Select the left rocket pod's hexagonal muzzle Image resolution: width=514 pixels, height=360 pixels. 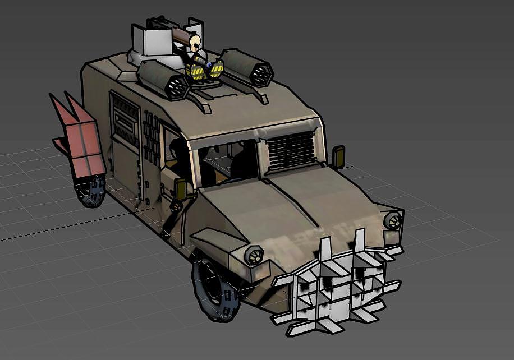coord(178,87)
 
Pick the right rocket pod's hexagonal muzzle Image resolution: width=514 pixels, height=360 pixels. coord(261,72)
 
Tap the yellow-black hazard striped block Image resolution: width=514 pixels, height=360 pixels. coord(198,72)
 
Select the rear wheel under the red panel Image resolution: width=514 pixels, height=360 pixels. coord(90,191)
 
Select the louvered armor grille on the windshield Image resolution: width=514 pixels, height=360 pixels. coord(290,149)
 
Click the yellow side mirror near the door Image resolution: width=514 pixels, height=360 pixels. coord(181,190)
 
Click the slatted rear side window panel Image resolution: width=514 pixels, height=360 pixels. coord(125,121)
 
